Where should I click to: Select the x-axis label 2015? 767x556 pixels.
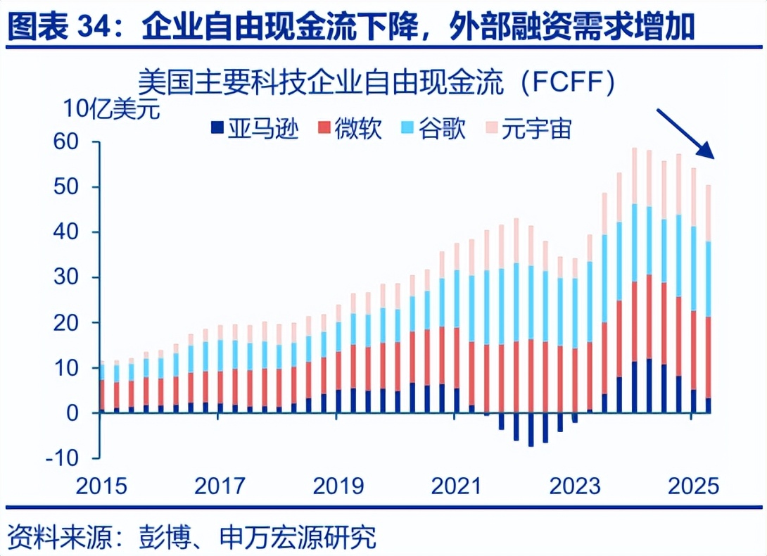coord(101,486)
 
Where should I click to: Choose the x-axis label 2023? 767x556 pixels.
coord(575,486)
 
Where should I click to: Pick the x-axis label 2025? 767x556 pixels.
coord(694,486)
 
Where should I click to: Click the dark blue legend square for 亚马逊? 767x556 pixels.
coord(217,128)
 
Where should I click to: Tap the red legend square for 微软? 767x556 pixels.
coord(324,128)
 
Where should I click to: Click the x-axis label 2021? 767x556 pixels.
coord(457,486)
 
